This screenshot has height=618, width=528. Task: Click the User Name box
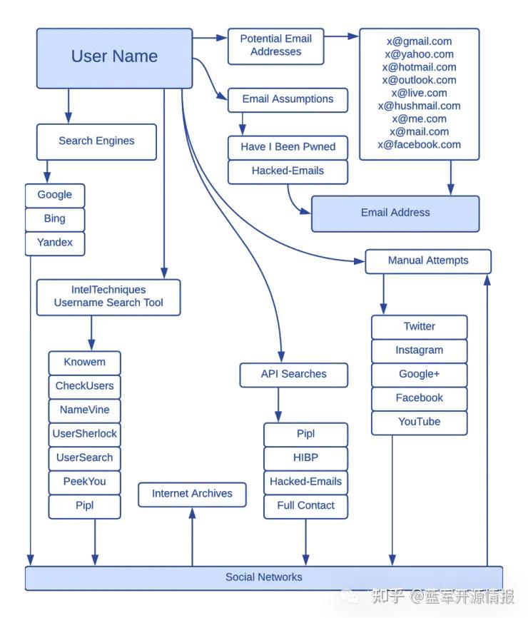pos(114,58)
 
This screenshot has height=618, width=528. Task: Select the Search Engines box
pos(96,141)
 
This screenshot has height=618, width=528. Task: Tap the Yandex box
pos(55,243)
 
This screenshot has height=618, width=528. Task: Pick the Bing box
pos(55,219)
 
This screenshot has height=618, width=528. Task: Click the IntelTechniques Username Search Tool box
pos(108,297)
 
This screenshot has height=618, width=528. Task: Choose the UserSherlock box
pos(84,434)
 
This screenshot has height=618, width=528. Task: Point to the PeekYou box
pos(84,482)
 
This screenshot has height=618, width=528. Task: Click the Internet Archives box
pos(192,494)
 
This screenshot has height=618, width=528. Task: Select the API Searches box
pos(293,374)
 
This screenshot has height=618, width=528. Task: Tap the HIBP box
pos(305,457)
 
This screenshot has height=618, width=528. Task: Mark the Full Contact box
pos(305,505)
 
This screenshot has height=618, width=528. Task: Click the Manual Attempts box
pos(428,261)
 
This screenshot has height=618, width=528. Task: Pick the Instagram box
pos(419,350)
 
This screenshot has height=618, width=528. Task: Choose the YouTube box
pos(419,422)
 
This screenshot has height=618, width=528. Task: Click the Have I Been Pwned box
pos(288,147)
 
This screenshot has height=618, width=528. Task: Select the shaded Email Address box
pos(395,213)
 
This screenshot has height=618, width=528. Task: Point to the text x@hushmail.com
pos(419,106)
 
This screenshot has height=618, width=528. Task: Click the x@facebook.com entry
pos(419,144)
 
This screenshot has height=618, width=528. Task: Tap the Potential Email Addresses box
pos(275,46)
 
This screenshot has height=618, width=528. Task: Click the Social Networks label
pos(263,577)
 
